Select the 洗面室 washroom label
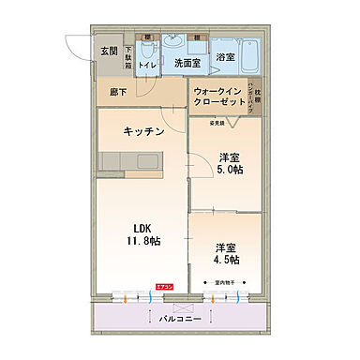186,63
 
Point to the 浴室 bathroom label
225,57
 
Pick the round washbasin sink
174,41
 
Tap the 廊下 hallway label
116,93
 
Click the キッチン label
142,132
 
